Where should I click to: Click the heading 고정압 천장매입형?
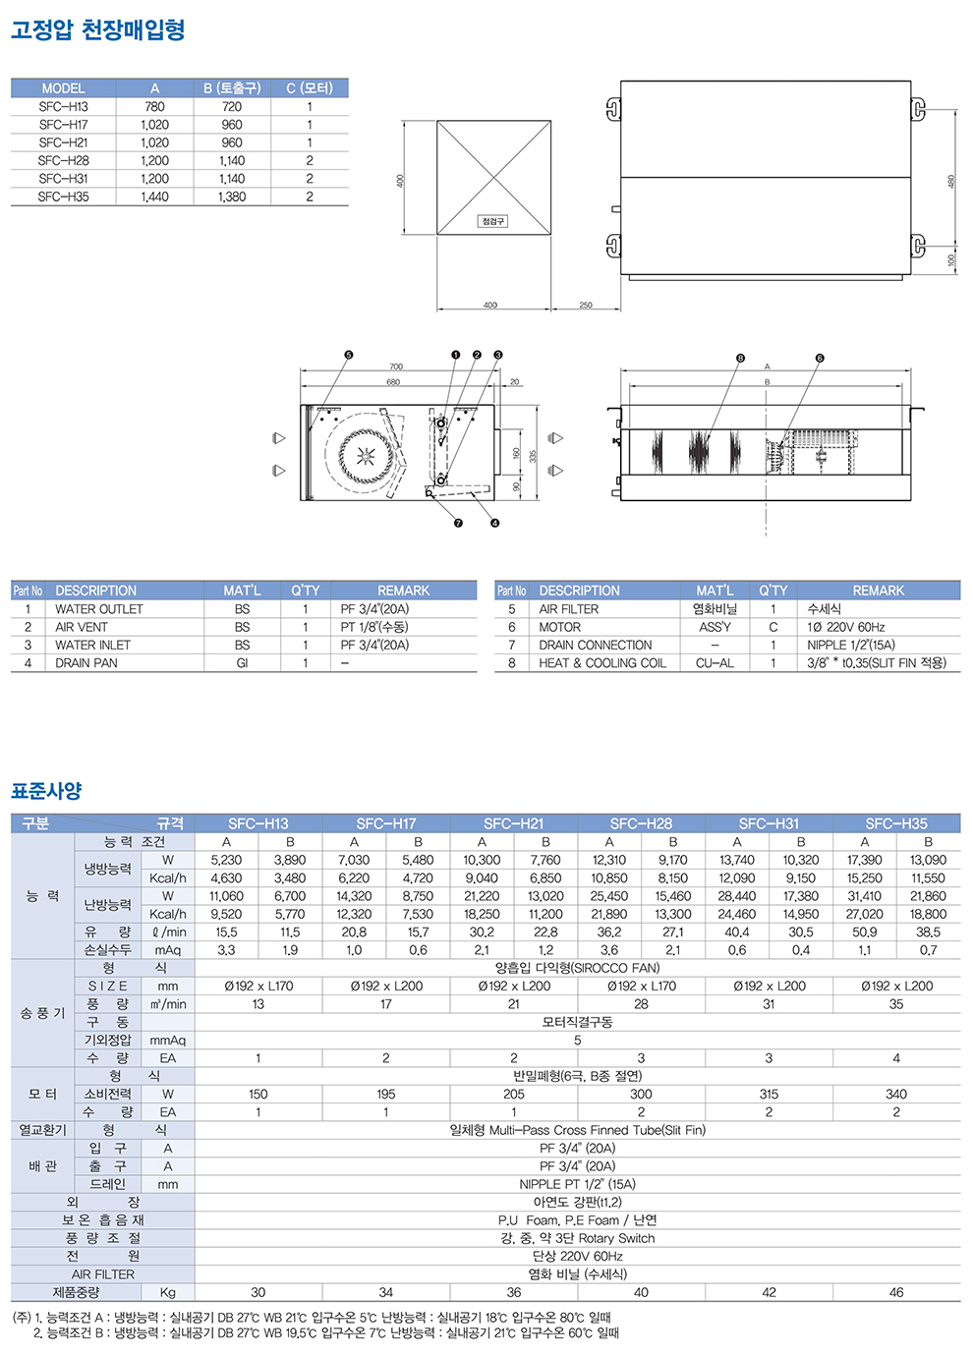tap(98, 30)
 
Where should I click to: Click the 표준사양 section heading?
tap(46, 791)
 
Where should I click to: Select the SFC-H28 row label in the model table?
tap(64, 160)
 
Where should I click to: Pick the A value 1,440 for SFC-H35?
tap(154, 197)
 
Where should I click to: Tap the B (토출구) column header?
tap(232, 88)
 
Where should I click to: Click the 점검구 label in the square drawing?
tap(492, 221)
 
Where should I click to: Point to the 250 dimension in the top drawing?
tap(586, 306)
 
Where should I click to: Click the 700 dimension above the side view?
tap(396, 367)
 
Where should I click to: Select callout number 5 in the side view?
tap(348, 355)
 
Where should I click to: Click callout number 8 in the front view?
tap(740, 359)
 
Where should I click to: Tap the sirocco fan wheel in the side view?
tap(367, 455)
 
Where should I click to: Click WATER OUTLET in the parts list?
tap(99, 609)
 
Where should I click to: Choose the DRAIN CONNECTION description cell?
tap(595, 646)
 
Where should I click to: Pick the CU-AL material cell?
tap(715, 663)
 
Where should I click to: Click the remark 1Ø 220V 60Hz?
tap(846, 627)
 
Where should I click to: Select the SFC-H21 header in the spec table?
tap(513, 823)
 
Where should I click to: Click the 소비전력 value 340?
tap(895, 1094)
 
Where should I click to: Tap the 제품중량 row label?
tap(77, 1292)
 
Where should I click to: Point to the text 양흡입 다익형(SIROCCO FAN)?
tap(577, 968)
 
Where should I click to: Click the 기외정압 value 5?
tap(577, 1040)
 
